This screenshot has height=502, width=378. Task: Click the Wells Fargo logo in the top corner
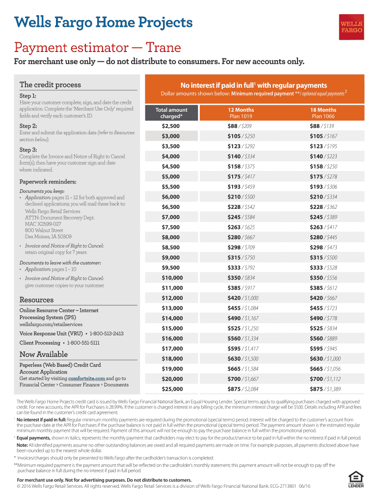click(x=352, y=26)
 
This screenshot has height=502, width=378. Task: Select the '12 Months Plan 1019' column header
click(x=241, y=113)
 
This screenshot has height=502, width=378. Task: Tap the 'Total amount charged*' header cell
click(x=171, y=113)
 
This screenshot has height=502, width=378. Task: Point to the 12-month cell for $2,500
click(x=241, y=126)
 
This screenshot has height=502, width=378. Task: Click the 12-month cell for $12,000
click(x=241, y=298)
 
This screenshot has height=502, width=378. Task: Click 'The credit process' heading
click(x=50, y=85)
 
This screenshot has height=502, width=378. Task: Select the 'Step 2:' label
click(x=30, y=125)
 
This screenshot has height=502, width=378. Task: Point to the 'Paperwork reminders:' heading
click(x=45, y=181)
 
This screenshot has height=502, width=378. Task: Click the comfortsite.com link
click(x=86, y=378)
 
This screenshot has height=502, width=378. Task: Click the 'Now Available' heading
click(x=43, y=354)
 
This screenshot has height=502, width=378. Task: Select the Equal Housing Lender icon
click(x=355, y=479)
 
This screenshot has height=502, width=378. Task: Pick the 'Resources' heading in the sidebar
click(x=36, y=300)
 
